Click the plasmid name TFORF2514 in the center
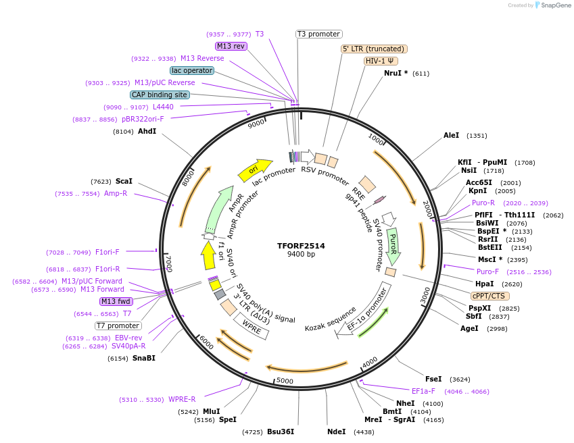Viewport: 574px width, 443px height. [x=301, y=246]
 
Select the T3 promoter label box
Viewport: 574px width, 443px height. [x=319, y=34]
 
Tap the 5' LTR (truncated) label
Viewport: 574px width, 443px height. [x=374, y=49]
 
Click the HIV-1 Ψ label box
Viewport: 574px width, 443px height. [x=381, y=61]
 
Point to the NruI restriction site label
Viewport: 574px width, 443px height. [x=396, y=73]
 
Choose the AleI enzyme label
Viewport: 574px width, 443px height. [x=451, y=136]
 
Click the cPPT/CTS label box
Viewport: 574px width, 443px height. [x=490, y=296]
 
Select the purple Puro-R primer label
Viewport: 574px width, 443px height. [x=483, y=203]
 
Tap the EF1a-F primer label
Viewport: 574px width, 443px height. [x=423, y=391]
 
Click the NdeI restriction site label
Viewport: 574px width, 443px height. [x=336, y=432]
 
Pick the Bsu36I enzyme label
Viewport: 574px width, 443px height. [x=281, y=432]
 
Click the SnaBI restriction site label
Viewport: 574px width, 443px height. [x=143, y=358]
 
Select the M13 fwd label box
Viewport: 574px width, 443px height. [x=116, y=301]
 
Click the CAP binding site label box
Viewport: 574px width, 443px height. [x=160, y=95]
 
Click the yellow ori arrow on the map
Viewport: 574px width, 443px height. [x=254, y=170]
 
